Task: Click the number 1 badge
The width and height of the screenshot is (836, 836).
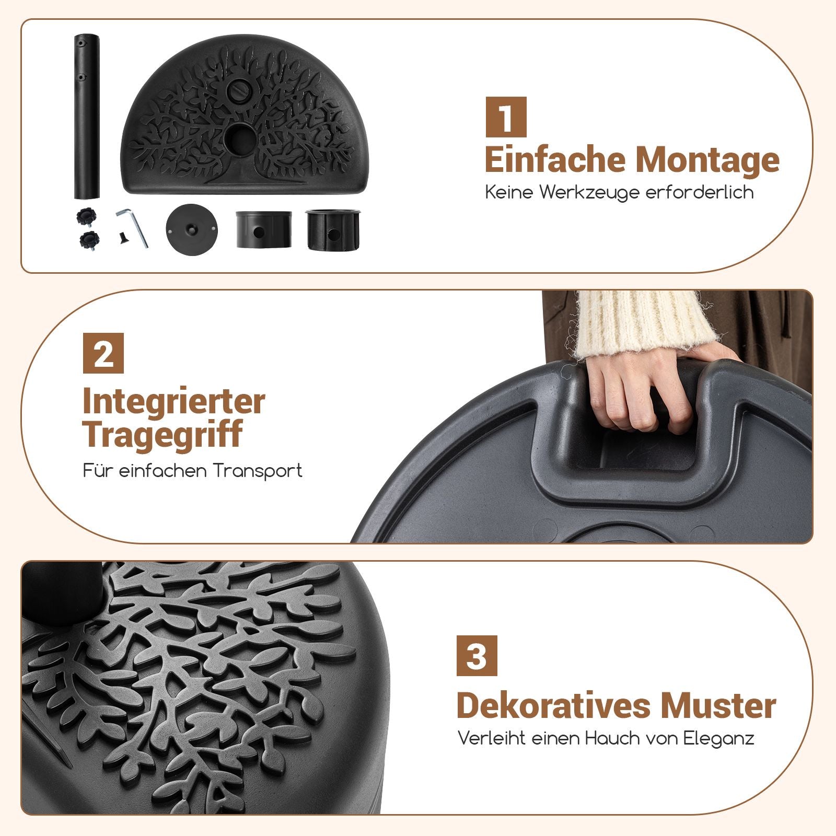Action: click(x=506, y=117)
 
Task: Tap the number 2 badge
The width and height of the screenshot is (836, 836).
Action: click(x=103, y=353)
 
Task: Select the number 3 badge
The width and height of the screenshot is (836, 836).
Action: click(x=477, y=656)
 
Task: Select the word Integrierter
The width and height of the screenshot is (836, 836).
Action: click(x=174, y=402)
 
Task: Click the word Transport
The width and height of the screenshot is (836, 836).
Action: click(x=258, y=471)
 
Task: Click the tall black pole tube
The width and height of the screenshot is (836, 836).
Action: click(x=87, y=117)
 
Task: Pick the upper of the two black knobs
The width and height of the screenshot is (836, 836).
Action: click(x=86, y=216)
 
